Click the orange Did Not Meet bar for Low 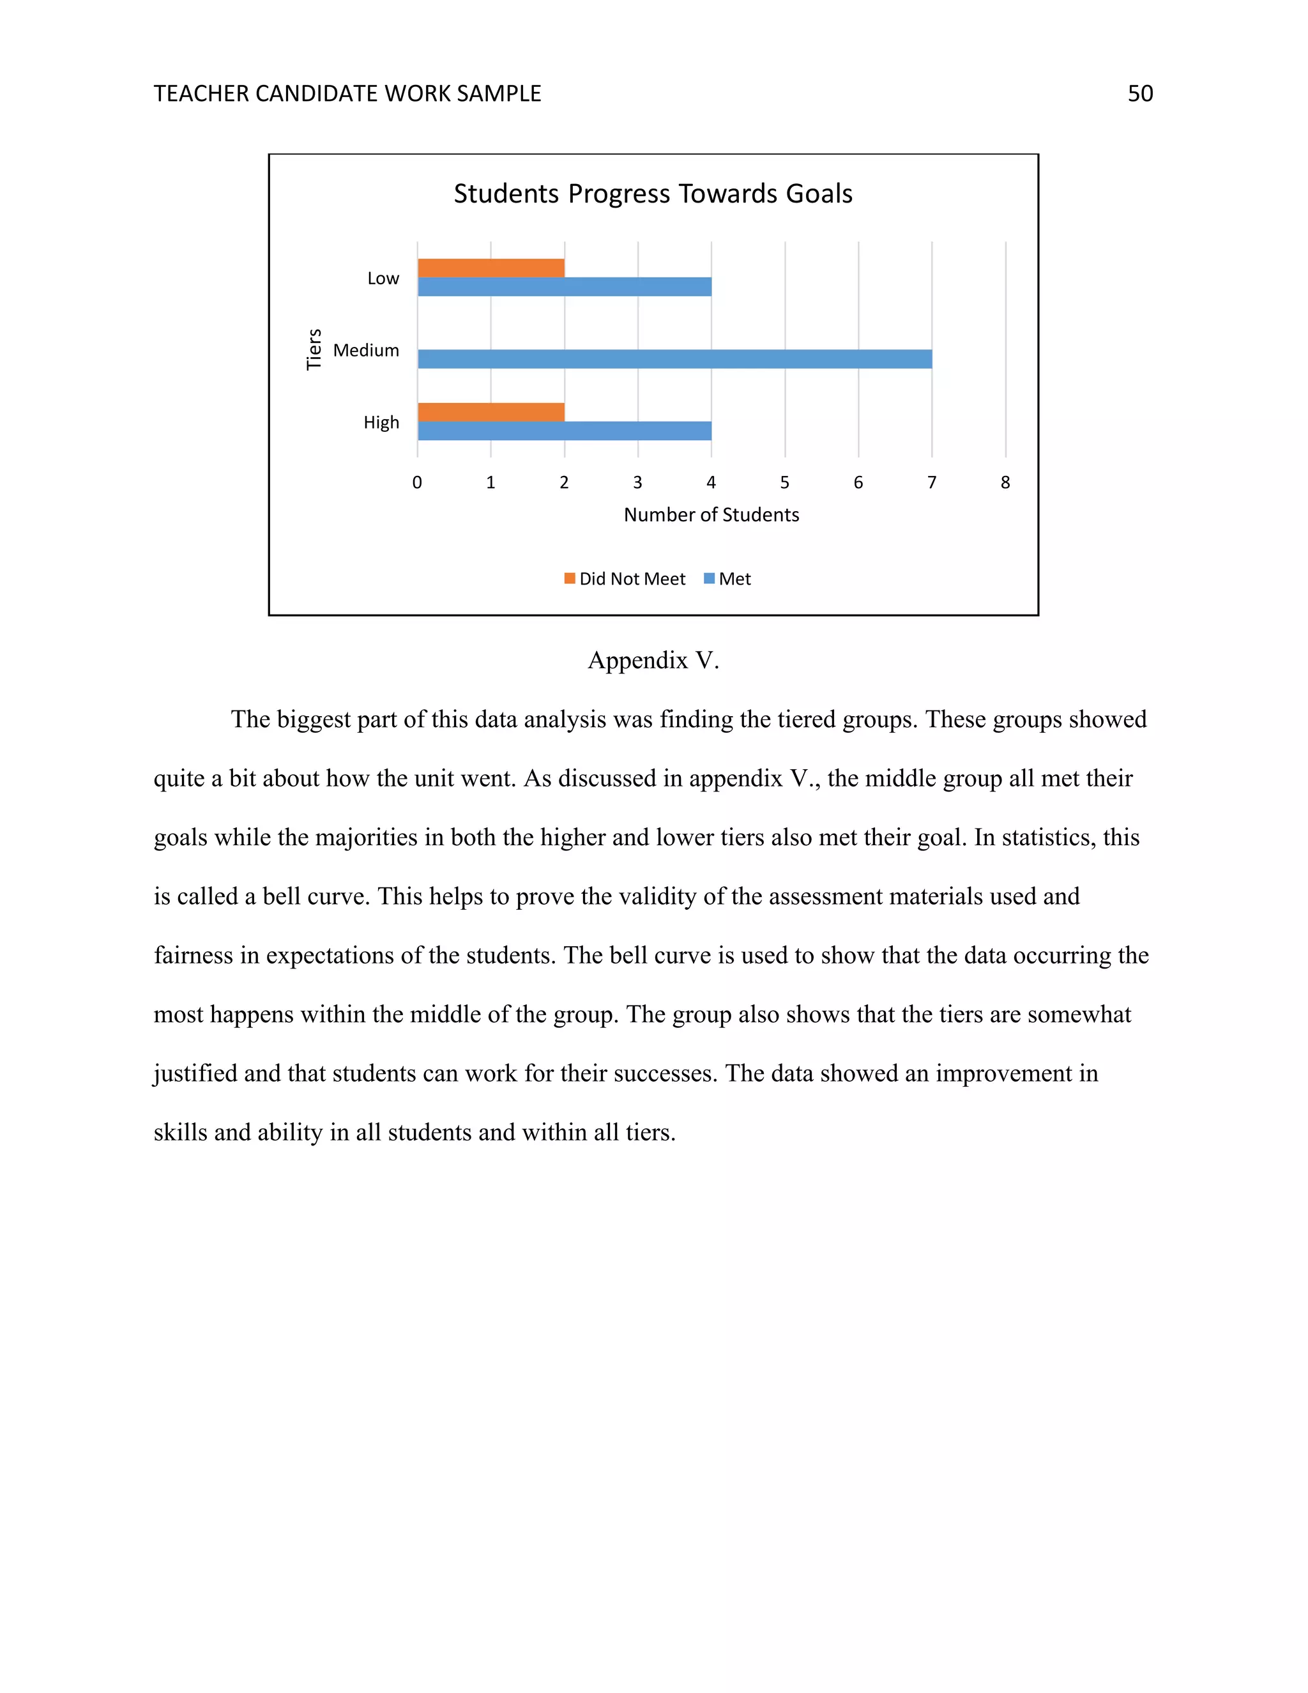(490, 268)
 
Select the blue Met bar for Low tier (564, 287)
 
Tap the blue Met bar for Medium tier (674, 359)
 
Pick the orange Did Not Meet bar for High (490, 413)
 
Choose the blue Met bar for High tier (564, 431)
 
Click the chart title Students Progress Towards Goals (653, 194)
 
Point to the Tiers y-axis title (314, 349)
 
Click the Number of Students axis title (711, 515)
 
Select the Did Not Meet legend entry (625, 579)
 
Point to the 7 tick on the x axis (931, 482)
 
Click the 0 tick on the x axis (417, 482)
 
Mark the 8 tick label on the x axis (1005, 482)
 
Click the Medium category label (366, 350)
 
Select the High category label (381, 422)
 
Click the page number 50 (1140, 94)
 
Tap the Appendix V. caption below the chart (653, 661)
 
